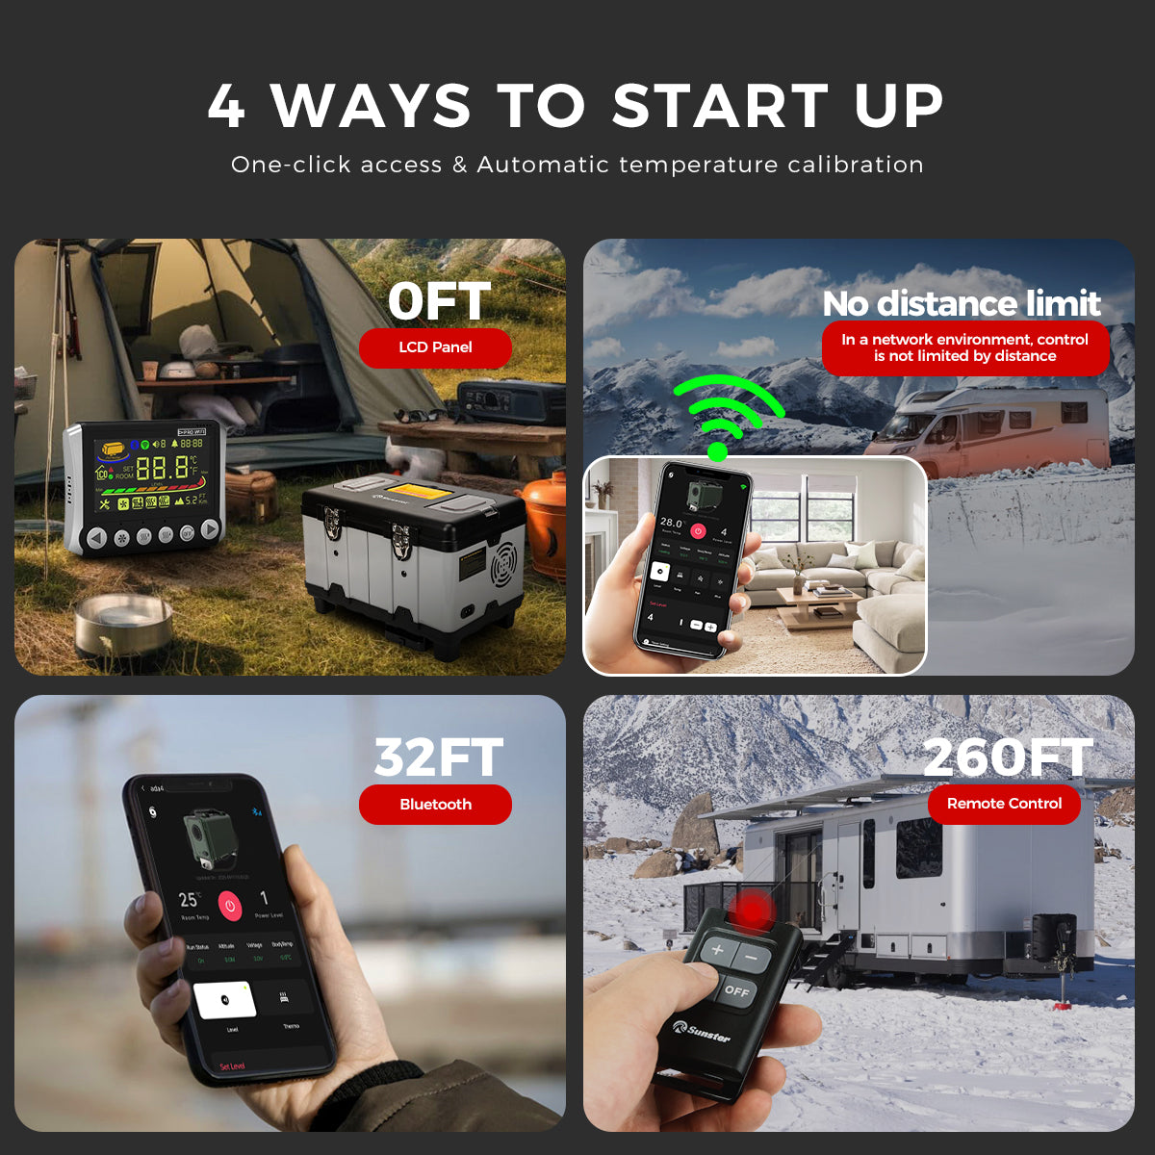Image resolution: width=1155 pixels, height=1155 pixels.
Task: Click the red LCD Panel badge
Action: pos(435,347)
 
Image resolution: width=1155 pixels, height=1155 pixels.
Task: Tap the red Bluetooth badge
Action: pos(435,805)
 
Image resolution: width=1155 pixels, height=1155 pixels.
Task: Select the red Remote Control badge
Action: pos(1004,804)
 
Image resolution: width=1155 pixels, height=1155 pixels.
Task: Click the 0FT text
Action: pos(439,301)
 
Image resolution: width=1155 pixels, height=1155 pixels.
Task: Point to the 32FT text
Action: pos(438,757)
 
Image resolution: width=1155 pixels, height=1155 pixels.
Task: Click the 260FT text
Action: pos(1007,757)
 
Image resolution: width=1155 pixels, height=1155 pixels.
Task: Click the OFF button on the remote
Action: pos(737,991)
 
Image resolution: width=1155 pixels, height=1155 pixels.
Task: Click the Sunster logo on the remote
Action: pos(702,1031)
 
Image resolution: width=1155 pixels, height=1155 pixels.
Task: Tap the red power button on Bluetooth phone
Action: pos(229,905)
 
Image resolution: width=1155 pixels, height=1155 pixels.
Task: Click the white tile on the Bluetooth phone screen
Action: pos(225,1000)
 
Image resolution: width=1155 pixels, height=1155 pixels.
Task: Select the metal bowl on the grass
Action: pos(123,624)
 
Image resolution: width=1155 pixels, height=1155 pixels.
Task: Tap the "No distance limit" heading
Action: pos(961,304)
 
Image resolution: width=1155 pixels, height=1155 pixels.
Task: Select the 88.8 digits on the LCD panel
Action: pos(162,469)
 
